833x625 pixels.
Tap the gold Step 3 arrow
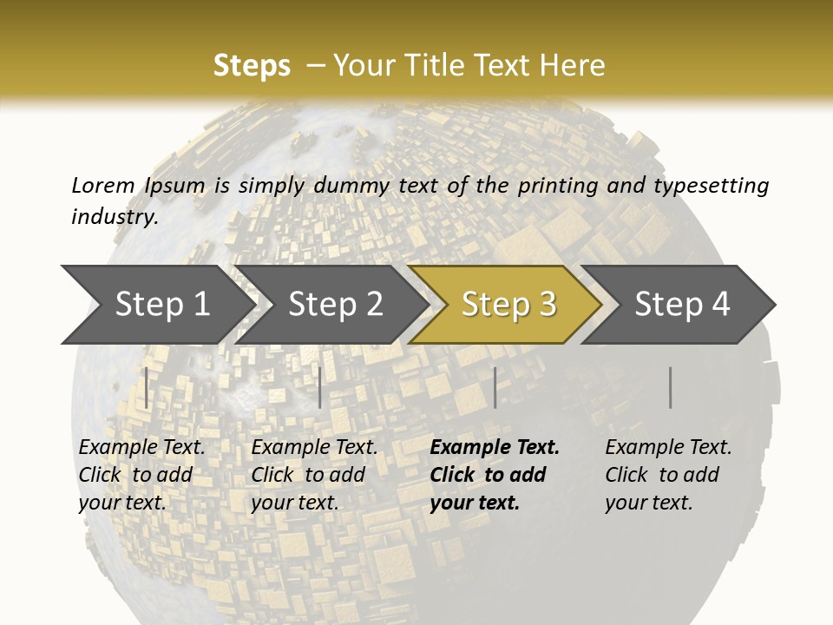[508, 304]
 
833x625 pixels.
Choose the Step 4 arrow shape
[682, 304]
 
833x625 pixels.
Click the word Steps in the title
[252, 66]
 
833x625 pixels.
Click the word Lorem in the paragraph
[102, 185]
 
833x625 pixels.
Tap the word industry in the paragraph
[114, 216]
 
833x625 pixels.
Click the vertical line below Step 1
[147, 387]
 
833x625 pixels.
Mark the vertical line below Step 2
[320, 387]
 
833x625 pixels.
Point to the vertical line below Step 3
[495, 387]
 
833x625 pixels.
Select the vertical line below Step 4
[670, 387]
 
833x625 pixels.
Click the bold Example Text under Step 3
[495, 447]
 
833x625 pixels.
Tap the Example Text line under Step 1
[141, 447]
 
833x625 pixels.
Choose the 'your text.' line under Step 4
[648, 503]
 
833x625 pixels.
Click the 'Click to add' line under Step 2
[308, 475]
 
